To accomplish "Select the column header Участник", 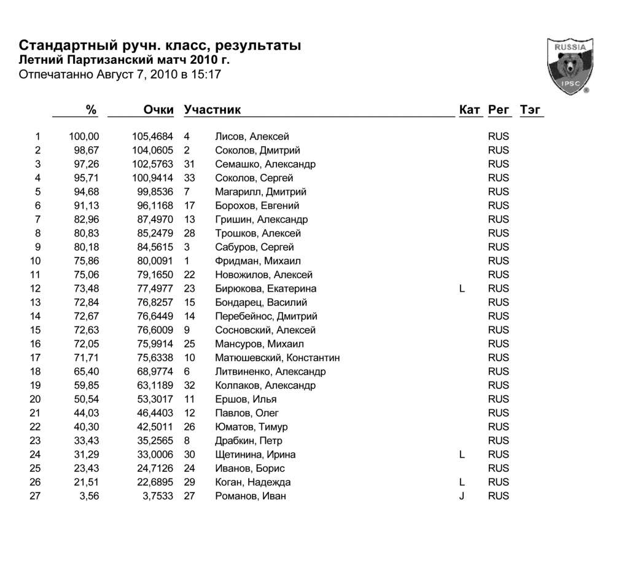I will (x=212, y=110).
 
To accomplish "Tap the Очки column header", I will (x=158, y=110).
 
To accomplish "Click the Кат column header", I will (x=470, y=110).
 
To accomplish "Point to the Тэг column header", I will (x=531, y=110).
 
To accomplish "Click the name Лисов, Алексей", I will (x=252, y=136).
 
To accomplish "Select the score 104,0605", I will (x=152, y=150).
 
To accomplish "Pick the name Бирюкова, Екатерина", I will (x=266, y=289).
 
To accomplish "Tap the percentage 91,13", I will (x=87, y=206).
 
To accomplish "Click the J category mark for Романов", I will (x=461, y=496).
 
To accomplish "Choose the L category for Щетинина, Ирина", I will (x=461, y=455).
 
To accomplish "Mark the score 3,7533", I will (x=157, y=496).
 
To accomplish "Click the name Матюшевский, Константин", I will (x=277, y=358).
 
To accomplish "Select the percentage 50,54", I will (x=87, y=399).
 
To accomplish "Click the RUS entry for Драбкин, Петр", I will (x=498, y=441).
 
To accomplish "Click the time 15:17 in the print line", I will (x=208, y=75).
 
